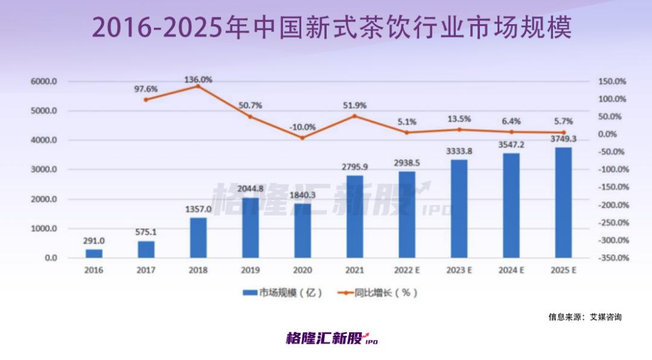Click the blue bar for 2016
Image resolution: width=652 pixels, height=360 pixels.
[x=94, y=253]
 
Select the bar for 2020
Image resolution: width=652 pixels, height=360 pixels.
[x=302, y=231]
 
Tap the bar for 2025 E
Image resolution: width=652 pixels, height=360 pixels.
[x=563, y=202]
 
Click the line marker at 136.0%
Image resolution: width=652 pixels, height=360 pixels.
[x=198, y=86]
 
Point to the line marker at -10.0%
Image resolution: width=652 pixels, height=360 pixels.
[x=302, y=137]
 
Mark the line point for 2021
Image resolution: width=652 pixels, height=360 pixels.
[x=354, y=116]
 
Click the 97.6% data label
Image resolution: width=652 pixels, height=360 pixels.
[x=145, y=89]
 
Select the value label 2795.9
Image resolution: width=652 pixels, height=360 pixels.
[x=354, y=166]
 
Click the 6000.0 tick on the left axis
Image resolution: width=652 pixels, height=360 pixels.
[x=44, y=82]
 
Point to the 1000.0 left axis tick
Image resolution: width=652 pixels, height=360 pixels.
[x=44, y=229]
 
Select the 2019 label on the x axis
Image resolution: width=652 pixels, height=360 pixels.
[x=250, y=271]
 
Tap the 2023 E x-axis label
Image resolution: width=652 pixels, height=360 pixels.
[x=459, y=271]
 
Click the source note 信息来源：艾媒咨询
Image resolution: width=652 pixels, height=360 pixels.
[x=584, y=317]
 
